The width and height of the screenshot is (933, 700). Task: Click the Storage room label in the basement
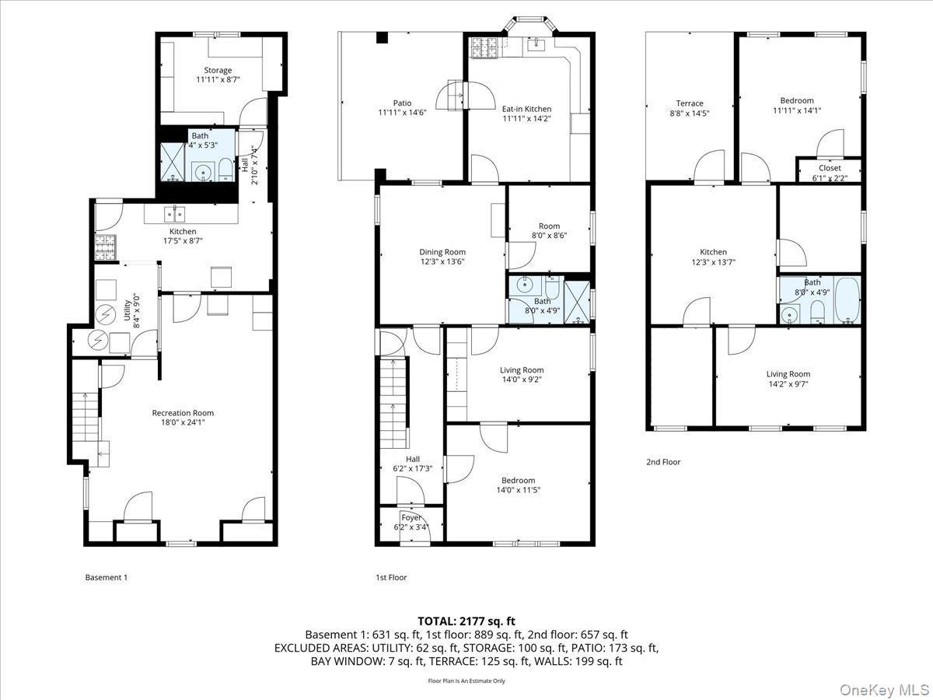point(218,71)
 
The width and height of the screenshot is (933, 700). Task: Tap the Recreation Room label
point(183,413)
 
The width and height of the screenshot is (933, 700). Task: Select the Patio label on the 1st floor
point(402,103)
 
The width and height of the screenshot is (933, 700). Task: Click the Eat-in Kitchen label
point(526,109)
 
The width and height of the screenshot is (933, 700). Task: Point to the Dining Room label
point(442,252)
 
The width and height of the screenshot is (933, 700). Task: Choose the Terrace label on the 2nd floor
point(689,103)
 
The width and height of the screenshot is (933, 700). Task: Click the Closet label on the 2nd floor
point(830,167)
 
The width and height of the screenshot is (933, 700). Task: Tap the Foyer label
point(411,518)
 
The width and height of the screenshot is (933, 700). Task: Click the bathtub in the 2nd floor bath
point(847,301)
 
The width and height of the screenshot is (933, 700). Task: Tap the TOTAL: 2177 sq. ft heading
point(466,621)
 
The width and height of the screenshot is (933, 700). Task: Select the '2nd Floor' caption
point(663,462)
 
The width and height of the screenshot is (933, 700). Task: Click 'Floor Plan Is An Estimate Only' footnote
point(466,681)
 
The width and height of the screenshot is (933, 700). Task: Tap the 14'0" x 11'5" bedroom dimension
point(518,490)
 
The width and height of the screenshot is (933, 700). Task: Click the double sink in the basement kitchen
point(174,214)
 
